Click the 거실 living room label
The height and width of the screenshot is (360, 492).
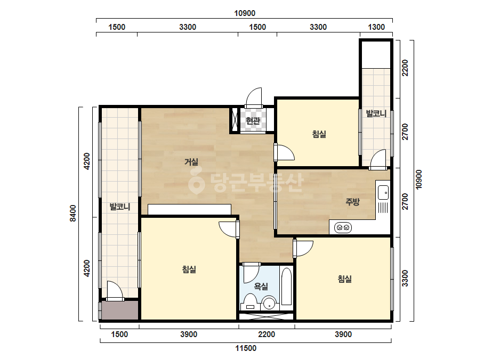coord(191,162)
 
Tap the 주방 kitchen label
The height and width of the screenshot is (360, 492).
coord(352,202)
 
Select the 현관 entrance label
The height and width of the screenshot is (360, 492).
coord(253,121)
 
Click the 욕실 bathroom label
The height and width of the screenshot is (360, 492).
coord(261,286)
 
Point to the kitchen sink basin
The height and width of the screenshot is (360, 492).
coord(383,192)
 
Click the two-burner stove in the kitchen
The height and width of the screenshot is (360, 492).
coord(343,227)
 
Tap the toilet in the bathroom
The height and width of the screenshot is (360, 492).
coord(250,301)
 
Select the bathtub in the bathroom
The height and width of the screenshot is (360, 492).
coord(286,286)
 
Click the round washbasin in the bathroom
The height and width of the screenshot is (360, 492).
coord(269,303)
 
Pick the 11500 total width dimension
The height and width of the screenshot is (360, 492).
coord(246,348)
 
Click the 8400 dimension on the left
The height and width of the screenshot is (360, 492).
coord(73,213)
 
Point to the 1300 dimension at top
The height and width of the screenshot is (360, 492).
coord(376,27)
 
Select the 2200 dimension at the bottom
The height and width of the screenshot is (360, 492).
coord(267,334)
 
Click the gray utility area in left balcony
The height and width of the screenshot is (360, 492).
coord(120,310)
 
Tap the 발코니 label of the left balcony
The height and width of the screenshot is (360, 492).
coord(120,207)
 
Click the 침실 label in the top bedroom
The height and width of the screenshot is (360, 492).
coord(319,134)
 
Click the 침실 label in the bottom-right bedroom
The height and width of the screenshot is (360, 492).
coord(344,279)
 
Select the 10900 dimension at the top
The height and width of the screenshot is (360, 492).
coord(245,13)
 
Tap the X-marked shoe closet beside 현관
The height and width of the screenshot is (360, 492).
coord(235,120)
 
